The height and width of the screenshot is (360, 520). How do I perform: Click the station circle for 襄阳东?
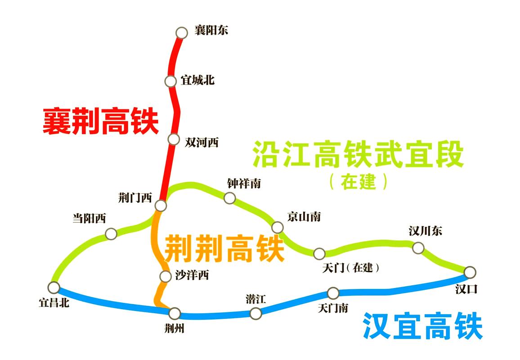tap(181, 32)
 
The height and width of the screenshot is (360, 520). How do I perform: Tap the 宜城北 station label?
tap(197, 80)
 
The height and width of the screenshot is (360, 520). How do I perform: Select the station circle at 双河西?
tap(174, 139)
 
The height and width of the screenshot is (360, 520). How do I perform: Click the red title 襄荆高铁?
tap(101, 121)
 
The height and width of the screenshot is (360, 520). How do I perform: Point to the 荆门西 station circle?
tap(161, 205)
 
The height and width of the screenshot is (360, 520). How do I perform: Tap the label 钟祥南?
tap(244, 183)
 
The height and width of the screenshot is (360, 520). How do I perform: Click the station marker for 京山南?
tap(277, 227)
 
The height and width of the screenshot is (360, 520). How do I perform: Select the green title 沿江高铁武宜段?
tap(358, 154)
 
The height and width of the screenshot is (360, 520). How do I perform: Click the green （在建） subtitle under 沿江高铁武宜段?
tap(358, 182)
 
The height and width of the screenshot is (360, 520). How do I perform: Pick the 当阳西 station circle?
tap(111, 234)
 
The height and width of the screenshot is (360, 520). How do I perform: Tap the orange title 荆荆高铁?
tap(224, 248)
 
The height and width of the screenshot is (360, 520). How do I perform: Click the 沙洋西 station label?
tap(192, 275)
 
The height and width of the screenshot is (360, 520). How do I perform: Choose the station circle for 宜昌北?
tap(54, 288)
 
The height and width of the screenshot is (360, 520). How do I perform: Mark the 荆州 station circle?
tap(175, 313)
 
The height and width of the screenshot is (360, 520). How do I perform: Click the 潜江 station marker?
tap(256, 313)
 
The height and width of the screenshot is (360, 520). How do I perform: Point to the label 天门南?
tap(332, 308)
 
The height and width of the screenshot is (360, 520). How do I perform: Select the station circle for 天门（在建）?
tap(319, 253)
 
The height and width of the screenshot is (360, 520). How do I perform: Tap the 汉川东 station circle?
tap(418, 247)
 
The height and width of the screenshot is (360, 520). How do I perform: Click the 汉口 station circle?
tap(470, 272)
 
